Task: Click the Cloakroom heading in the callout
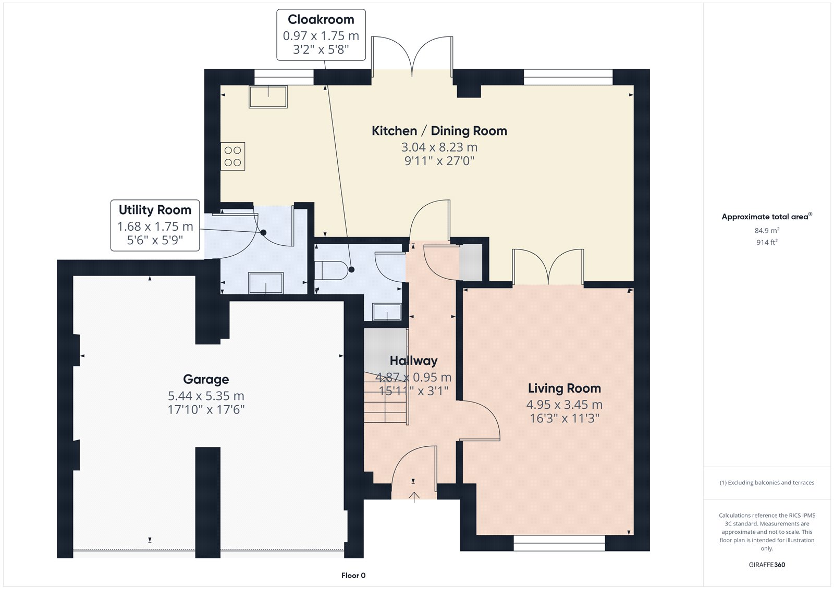321,19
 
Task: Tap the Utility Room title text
155,210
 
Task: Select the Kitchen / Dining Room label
439,131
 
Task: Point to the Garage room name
206,379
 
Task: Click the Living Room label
565,388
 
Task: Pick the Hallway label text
414,360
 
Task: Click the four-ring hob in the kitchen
232,156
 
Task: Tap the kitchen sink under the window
268,97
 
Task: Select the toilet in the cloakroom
331,270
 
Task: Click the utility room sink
266,283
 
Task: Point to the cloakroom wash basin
387,312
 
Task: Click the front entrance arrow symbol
414,497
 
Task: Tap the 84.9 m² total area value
767,230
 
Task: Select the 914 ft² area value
767,242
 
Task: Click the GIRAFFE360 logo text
767,565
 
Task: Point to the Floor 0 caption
353,575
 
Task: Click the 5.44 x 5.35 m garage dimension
206,395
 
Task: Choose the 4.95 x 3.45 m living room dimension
565,405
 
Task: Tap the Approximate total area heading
767,217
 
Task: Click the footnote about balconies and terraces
767,483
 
